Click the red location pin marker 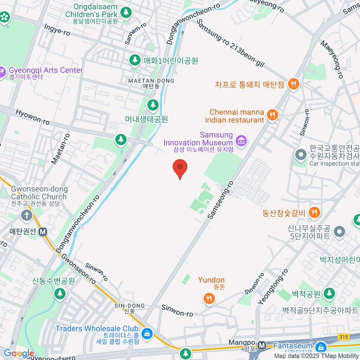coord(180,168)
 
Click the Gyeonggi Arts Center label coord(46,70)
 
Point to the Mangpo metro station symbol coord(262,346)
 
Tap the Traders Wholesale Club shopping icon coord(147,333)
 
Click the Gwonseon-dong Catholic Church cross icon coord(26,215)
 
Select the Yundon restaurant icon coord(209,298)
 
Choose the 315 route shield coord(343,337)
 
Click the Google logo coord(19,353)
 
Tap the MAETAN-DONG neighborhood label coord(151,81)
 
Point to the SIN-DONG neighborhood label coord(130,306)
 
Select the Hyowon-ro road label coord(32,117)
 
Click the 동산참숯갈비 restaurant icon coord(314,213)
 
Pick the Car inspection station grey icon coord(300,155)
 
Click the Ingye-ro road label coord(57,30)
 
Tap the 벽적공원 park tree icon coord(329,293)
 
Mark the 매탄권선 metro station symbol coord(43,232)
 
